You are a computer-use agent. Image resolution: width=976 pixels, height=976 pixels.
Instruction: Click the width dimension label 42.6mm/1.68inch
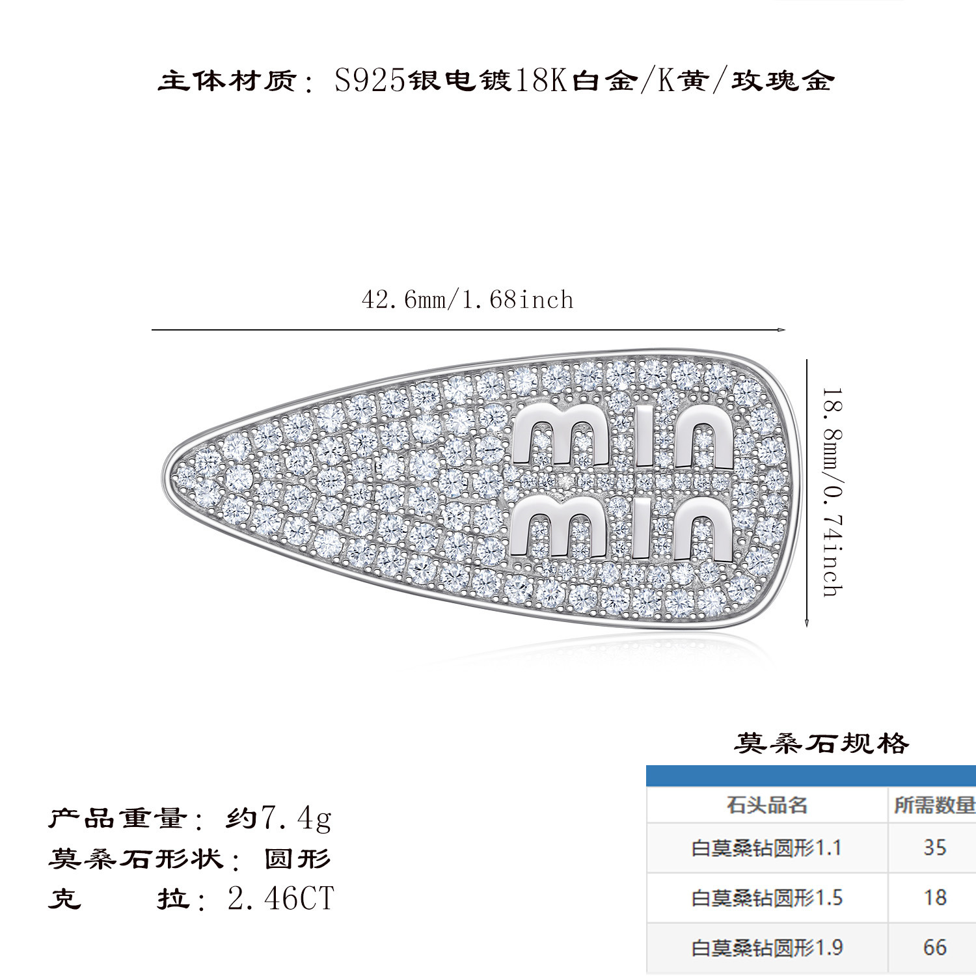[467, 300]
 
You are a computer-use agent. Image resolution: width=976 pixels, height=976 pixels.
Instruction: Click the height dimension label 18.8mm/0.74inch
[832, 493]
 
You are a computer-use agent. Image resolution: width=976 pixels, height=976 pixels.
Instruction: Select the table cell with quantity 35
[934, 847]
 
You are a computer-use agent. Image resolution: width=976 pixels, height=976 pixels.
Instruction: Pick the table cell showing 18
[934, 897]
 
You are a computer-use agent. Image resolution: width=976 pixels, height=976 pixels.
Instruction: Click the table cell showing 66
[934, 947]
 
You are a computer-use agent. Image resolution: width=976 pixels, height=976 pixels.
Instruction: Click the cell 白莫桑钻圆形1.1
[766, 848]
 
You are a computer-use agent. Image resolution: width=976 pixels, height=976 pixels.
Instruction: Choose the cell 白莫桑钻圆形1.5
[766, 898]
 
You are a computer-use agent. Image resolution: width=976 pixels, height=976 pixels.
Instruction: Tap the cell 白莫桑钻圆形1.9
[766, 947]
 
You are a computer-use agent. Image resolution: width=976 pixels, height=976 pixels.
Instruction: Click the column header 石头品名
[766, 805]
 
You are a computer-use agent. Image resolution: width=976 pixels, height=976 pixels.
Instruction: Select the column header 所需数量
[934, 805]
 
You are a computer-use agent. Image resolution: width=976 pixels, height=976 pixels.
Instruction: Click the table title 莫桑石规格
[821, 742]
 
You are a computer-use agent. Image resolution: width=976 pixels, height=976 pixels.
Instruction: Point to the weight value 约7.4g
[278, 817]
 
